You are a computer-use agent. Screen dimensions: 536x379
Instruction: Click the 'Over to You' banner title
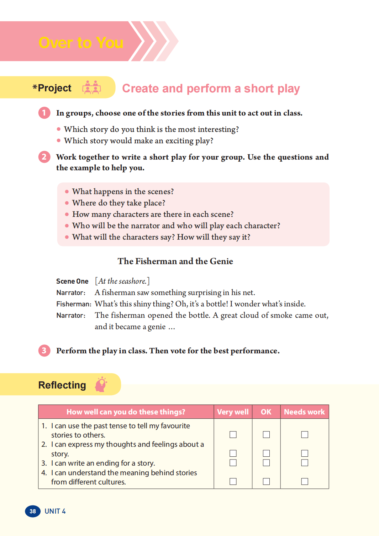coord(81,43)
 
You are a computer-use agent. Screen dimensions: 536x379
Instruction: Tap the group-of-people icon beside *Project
coord(91,87)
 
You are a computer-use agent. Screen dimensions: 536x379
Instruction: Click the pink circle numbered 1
coord(44,113)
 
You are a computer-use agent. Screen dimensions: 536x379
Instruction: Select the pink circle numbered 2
coord(44,157)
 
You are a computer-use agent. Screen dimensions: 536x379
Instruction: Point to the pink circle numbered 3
coord(44,351)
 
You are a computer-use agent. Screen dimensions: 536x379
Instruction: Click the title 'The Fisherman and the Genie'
coord(175,261)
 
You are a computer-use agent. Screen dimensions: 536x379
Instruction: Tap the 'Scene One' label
coord(72,281)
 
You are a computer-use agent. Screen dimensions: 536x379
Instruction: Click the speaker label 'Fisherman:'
coord(74,304)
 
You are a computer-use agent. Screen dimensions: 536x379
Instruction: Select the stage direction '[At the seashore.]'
coord(122,281)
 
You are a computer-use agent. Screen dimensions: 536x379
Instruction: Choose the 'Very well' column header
coord(233,412)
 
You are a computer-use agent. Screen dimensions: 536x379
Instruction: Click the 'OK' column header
coord(266,412)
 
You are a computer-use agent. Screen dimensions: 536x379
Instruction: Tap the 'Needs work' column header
coord(304,412)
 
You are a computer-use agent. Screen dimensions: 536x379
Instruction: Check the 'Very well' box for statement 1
coord(233,434)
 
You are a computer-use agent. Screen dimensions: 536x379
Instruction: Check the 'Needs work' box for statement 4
coord(305,481)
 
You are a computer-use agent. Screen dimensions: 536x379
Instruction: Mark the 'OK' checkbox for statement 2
coord(266,453)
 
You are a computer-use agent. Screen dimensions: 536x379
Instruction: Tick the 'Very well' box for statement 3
coord(233,462)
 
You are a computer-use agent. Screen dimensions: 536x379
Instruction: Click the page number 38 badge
coord(33,511)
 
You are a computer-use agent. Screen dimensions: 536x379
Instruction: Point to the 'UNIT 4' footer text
coord(55,511)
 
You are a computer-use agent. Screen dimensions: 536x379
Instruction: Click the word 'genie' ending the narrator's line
coord(157,327)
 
